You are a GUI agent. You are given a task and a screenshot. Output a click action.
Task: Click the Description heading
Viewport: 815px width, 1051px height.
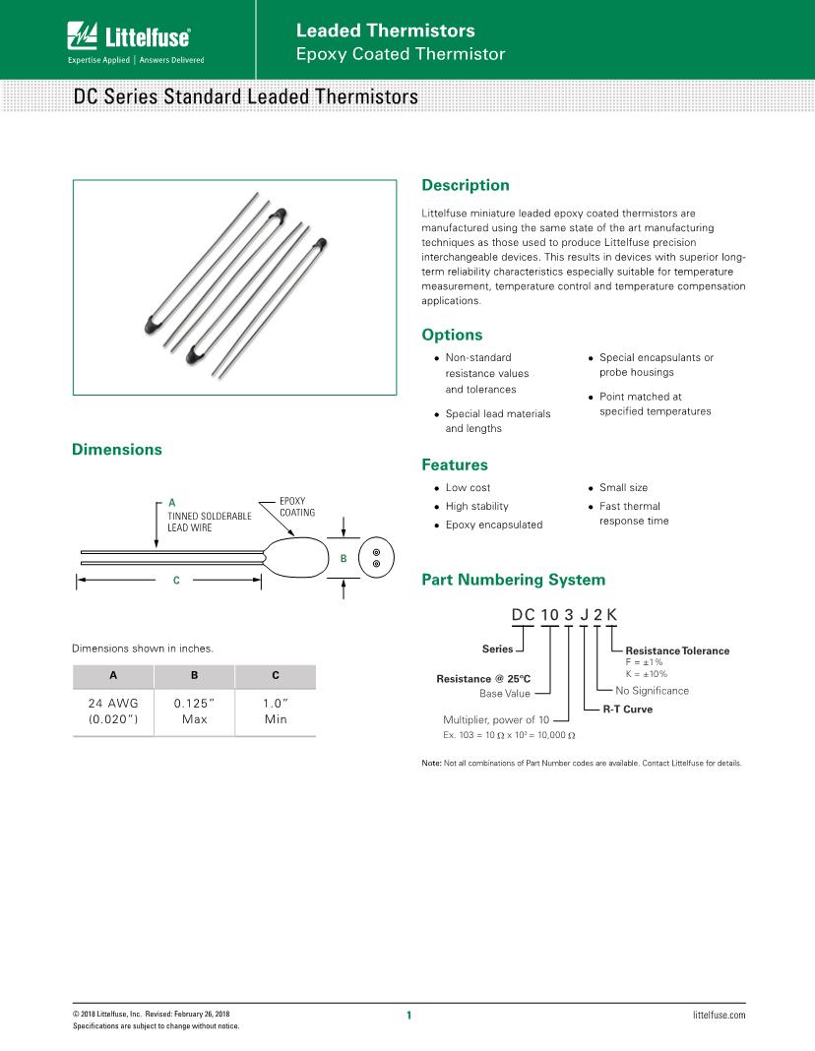[465, 185]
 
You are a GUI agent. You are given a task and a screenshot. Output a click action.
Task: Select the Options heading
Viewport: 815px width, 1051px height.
[452, 335]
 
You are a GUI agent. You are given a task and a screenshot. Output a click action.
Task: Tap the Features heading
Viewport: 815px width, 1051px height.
[454, 464]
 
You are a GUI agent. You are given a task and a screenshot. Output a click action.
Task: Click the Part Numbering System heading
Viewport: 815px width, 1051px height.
[513, 580]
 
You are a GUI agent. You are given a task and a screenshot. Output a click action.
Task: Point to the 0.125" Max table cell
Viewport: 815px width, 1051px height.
[194, 711]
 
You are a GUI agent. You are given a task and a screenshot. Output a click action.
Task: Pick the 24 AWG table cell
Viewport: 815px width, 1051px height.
[113, 711]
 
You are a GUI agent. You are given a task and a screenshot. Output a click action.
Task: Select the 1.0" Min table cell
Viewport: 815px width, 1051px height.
[275, 711]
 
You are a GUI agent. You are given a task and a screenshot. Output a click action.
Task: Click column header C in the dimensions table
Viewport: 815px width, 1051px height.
[275, 676]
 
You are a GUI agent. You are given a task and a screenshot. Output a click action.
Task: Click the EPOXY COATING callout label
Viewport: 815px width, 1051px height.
[296, 507]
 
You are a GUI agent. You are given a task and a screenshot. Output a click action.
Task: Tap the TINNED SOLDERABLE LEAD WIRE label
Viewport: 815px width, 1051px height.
[210, 522]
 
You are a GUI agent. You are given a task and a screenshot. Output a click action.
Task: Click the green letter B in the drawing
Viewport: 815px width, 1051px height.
[343, 559]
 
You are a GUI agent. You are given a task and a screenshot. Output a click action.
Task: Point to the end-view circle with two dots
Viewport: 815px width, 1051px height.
[376, 558]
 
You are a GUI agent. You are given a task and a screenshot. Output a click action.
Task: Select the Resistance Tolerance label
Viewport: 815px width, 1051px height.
[677, 650]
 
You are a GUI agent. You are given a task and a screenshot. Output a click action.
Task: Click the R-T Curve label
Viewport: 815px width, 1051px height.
[627, 709]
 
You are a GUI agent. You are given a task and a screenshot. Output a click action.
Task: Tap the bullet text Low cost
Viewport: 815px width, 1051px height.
[468, 488]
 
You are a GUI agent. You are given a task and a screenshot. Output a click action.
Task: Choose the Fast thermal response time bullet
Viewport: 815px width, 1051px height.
[630, 514]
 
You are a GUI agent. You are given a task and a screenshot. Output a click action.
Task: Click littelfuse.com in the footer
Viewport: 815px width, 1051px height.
[720, 1014]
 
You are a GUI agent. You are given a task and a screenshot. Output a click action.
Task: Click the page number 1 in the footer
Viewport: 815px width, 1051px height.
[408, 1015]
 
